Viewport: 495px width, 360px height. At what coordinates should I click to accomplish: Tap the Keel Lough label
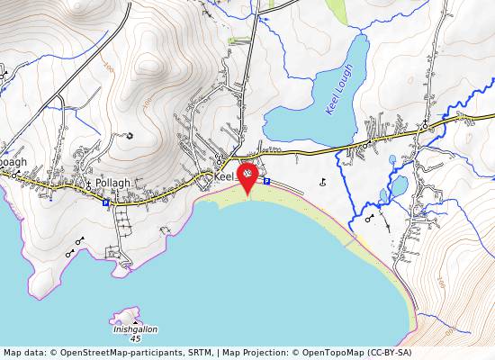(339, 94)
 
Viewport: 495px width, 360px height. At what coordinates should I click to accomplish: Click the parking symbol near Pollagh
(105, 203)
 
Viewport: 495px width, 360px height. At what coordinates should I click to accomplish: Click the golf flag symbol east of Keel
(322, 183)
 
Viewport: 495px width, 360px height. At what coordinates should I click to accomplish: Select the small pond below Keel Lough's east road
(399, 186)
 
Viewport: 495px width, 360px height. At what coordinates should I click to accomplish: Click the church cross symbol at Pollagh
(89, 184)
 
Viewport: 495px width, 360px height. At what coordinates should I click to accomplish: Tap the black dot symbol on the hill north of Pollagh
(130, 137)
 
